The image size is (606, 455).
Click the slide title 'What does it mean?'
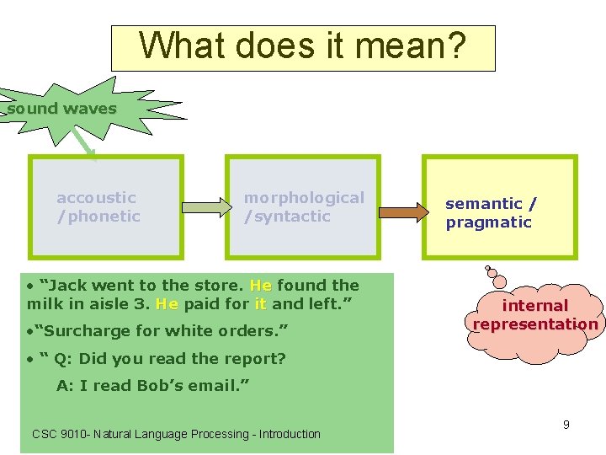302,47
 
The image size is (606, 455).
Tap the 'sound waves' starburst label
62,109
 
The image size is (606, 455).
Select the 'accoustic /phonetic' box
105,206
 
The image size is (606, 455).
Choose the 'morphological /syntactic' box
303,206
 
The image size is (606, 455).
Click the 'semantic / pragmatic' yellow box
498,212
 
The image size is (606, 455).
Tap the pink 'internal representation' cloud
535,315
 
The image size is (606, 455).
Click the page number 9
566,425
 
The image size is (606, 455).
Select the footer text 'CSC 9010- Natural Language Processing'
176,434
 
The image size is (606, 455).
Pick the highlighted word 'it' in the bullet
260,303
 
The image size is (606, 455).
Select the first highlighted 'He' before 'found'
261,286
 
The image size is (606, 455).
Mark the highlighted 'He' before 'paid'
167,303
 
